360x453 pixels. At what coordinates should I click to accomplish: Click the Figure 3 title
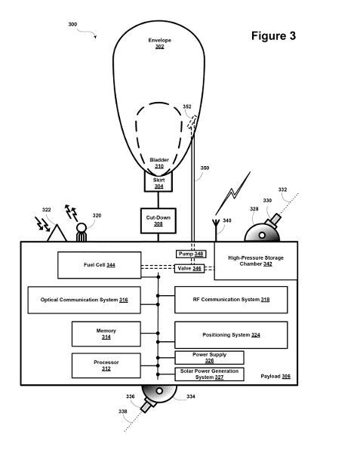pos(272,36)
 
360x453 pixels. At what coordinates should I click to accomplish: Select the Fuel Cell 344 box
pos(99,265)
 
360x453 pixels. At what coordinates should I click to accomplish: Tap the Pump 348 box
pos(190,254)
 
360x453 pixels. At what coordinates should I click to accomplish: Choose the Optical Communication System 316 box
pos(84,300)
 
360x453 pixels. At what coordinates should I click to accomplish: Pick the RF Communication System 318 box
pos(231,300)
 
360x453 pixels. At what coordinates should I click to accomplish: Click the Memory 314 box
pos(106,334)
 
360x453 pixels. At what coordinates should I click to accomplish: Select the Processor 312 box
pos(106,365)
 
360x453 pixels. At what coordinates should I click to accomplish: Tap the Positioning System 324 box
pos(231,334)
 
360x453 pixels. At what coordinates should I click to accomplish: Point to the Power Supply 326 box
pos(209,358)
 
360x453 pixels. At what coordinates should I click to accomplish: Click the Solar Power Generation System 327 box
pos(209,374)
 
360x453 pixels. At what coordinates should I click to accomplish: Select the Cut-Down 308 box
pos(158,220)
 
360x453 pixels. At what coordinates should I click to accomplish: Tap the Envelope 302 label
pos(159,43)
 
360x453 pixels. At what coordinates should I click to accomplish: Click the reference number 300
pos(72,24)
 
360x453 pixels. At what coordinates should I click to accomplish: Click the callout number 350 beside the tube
pos(205,168)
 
